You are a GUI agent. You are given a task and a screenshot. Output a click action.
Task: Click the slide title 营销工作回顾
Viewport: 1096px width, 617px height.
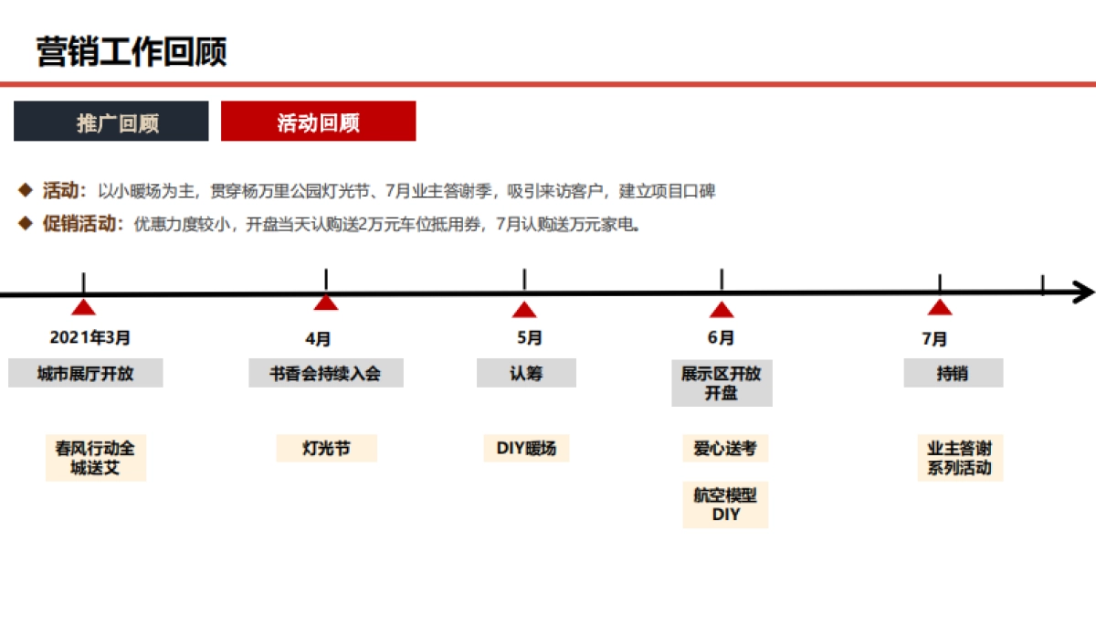coord(132,52)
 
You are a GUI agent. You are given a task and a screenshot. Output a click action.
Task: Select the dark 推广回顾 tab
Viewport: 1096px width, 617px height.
coord(111,122)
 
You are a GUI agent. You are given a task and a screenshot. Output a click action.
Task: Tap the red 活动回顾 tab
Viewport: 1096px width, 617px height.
coord(318,122)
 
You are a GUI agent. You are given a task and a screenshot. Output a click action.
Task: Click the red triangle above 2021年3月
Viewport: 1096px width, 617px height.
coord(84,308)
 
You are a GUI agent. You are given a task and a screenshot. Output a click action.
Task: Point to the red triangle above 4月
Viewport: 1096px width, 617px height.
coord(326,303)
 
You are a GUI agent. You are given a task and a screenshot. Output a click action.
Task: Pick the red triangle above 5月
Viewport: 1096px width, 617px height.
coord(524,310)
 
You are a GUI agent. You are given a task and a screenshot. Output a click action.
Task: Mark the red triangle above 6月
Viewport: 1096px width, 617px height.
coord(722,310)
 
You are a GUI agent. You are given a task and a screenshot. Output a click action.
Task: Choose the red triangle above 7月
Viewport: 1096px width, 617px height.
coord(940,308)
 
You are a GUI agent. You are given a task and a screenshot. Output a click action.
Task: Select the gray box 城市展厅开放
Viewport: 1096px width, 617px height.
coord(86,373)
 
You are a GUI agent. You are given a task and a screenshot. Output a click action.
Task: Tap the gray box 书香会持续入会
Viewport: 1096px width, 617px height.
coord(325,373)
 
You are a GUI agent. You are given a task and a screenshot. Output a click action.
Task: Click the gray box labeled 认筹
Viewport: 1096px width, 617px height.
coord(526,373)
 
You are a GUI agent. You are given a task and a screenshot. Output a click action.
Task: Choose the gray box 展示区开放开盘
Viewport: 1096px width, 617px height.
coord(722,383)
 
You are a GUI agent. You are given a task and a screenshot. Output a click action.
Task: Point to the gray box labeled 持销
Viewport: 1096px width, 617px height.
coord(953,373)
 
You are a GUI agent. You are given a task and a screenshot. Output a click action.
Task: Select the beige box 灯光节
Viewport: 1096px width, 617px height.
coord(326,449)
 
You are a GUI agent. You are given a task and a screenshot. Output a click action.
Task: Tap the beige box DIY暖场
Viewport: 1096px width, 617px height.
coord(526,449)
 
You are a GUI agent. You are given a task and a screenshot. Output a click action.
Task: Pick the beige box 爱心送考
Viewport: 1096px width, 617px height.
coord(725,449)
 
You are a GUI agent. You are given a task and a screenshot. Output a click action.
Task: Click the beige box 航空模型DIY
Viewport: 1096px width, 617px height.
coord(725,505)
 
